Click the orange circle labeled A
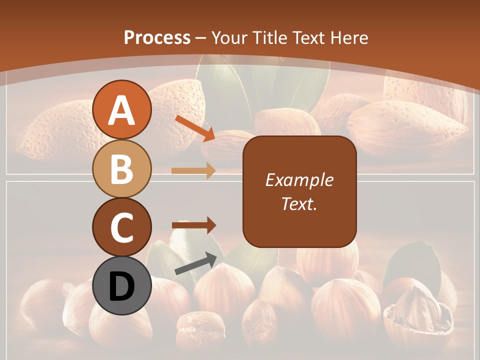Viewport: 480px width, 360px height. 122,109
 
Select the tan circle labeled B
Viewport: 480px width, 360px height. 122,168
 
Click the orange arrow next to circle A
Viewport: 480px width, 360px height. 195,128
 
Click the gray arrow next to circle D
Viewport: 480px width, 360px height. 195,263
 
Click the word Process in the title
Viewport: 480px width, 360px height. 157,37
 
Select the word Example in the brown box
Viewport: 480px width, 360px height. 299,180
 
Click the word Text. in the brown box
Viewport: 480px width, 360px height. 299,203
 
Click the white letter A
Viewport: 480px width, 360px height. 122,110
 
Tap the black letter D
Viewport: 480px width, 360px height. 122,286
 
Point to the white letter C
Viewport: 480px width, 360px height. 122,227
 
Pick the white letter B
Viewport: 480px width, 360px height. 122,169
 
